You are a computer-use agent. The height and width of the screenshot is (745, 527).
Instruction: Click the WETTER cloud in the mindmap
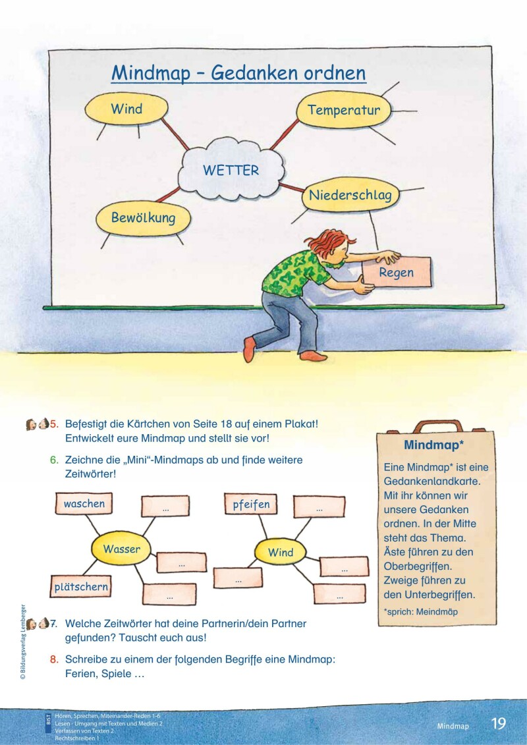[231, 170]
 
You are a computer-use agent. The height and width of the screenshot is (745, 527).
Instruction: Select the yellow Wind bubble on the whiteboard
[126, 109]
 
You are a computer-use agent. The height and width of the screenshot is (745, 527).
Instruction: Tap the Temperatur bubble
[343, 110]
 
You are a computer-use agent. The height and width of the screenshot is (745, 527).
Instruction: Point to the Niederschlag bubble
[350, 195]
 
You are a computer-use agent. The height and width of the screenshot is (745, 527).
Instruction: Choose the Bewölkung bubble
[143, 217]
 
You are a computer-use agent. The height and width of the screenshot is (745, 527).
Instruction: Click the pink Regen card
[397, 271]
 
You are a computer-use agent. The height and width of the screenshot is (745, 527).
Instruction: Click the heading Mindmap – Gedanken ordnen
[238, 72]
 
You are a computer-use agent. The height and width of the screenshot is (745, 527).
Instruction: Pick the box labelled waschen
[84, 504]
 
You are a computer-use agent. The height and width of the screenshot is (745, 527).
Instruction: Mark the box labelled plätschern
[81, 586]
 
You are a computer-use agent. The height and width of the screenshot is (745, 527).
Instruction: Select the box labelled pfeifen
[251, 505]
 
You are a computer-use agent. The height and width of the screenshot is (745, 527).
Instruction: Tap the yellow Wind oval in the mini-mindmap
[281, 553]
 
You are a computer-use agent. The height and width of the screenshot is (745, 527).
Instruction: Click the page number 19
[499, 723]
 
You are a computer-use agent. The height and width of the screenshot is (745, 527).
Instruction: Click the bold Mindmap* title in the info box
[433, 445]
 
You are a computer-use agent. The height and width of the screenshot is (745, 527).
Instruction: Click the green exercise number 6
[54, 459]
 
